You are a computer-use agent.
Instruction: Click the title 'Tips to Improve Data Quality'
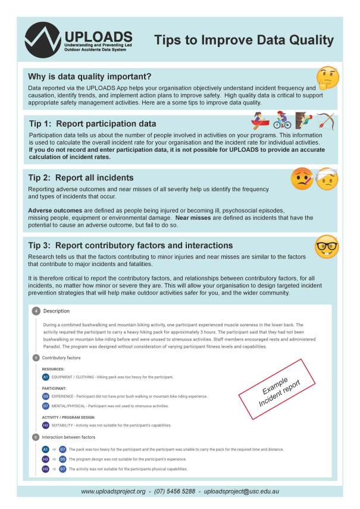(244, 40)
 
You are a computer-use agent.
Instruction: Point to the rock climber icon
(303, 121)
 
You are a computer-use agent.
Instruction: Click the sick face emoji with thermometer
(302, 179)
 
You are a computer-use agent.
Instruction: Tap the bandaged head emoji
(326, 179)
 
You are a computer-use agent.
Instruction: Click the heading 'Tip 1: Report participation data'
(93, 124)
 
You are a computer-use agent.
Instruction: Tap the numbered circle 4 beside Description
(36, 311)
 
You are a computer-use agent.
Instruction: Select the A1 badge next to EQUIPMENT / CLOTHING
(46, 377)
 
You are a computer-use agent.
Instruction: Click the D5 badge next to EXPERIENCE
(46, 395)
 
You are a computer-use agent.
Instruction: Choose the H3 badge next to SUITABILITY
(46, 425)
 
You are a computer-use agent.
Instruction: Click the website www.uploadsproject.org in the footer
(113, 491)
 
